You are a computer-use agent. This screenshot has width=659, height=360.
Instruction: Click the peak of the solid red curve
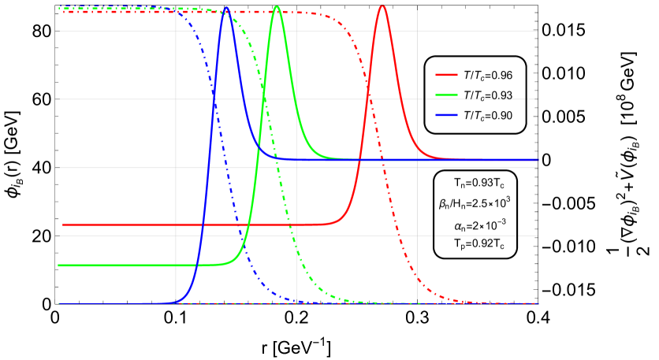382,6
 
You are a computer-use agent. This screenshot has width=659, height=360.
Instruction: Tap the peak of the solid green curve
277,6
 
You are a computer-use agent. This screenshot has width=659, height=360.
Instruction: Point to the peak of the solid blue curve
227,8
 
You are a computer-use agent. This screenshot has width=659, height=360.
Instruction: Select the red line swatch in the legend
446,75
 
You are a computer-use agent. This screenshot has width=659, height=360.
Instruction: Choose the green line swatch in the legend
446,95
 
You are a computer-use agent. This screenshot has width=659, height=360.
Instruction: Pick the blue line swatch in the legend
446,114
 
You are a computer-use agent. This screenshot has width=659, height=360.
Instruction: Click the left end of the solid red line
63,225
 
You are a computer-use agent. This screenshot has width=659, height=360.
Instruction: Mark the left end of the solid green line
58,265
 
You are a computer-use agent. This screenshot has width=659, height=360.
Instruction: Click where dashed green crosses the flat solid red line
290,225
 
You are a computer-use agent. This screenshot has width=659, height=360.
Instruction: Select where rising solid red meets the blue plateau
360,160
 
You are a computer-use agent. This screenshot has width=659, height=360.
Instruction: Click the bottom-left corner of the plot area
58,303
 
